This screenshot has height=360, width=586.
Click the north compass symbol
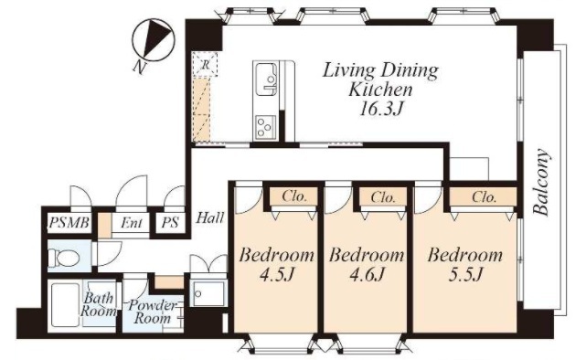tap(154, 40)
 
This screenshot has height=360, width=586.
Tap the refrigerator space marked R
tap(205, 65)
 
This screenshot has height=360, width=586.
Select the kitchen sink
tap(266, 79)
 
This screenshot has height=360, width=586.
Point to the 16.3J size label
tap(381, 109)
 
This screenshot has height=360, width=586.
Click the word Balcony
tap(542, 183)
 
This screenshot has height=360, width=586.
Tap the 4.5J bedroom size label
tap(277, 275)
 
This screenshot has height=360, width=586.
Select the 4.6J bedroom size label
tap(367, 275)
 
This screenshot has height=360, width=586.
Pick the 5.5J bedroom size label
tap(465, 275)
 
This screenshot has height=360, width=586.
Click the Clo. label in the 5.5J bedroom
tap(484, 196)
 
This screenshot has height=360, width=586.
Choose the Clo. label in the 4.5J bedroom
tap(294, 196)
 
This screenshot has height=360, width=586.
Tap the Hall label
tap(210, 217)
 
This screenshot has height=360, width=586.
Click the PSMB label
tap(69, 223)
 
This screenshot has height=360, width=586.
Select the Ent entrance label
tap(132, 223)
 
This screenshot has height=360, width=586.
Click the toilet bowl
tap(64, 258)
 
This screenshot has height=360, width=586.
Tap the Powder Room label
tap(153, 312)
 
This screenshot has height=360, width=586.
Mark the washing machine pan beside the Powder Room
tap(208, 293)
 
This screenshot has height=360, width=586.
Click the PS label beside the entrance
tap(170, 223)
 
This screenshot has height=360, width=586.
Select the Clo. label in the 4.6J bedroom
tap(383, 196)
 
